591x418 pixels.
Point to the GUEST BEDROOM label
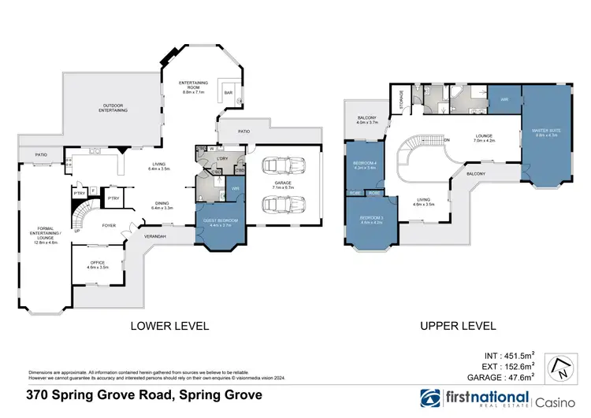[217, 222]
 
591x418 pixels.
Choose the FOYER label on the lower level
[109, 226]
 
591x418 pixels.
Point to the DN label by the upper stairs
[446, 141]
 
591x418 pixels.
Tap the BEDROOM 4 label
[364, 165]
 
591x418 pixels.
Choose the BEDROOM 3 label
[371, 218]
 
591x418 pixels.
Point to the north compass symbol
[563, 366]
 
